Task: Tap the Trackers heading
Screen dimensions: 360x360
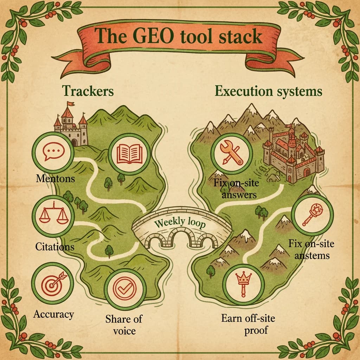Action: (x=88, y=91)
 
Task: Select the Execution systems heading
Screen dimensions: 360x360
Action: (x=268, y=91)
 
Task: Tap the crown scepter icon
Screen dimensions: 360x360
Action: (x=244, y=283)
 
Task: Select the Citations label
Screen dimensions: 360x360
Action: (x=55, y=246)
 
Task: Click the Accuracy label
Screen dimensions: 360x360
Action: (x=54, y=314)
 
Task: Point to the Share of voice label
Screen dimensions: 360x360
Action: (x=124, y=324)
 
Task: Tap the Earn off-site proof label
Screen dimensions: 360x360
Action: (x=248, y=324)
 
